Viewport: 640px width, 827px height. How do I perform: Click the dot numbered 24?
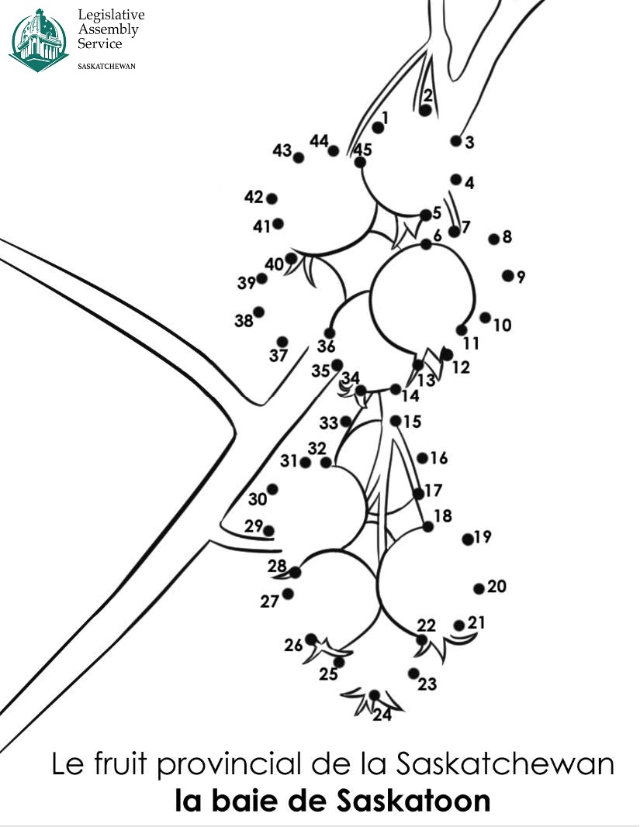375,695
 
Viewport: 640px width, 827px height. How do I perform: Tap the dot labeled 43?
299,157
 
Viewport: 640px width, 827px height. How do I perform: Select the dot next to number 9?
508,275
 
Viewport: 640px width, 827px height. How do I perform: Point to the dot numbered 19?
468,539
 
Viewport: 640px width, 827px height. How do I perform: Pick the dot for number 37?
282,342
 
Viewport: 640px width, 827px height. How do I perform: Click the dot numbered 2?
425,111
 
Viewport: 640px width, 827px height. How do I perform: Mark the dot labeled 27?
289,594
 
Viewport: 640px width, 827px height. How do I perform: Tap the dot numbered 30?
272,489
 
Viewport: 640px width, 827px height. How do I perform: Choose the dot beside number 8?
493,239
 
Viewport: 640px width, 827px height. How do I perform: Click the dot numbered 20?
479,589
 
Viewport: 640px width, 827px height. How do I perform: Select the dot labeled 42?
272,198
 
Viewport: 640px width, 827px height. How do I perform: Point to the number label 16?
439,458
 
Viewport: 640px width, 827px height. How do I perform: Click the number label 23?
427,684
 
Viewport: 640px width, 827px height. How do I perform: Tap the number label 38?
244,320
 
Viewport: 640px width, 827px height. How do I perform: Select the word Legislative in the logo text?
111,16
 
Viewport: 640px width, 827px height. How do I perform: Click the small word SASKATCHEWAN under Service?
107,66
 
